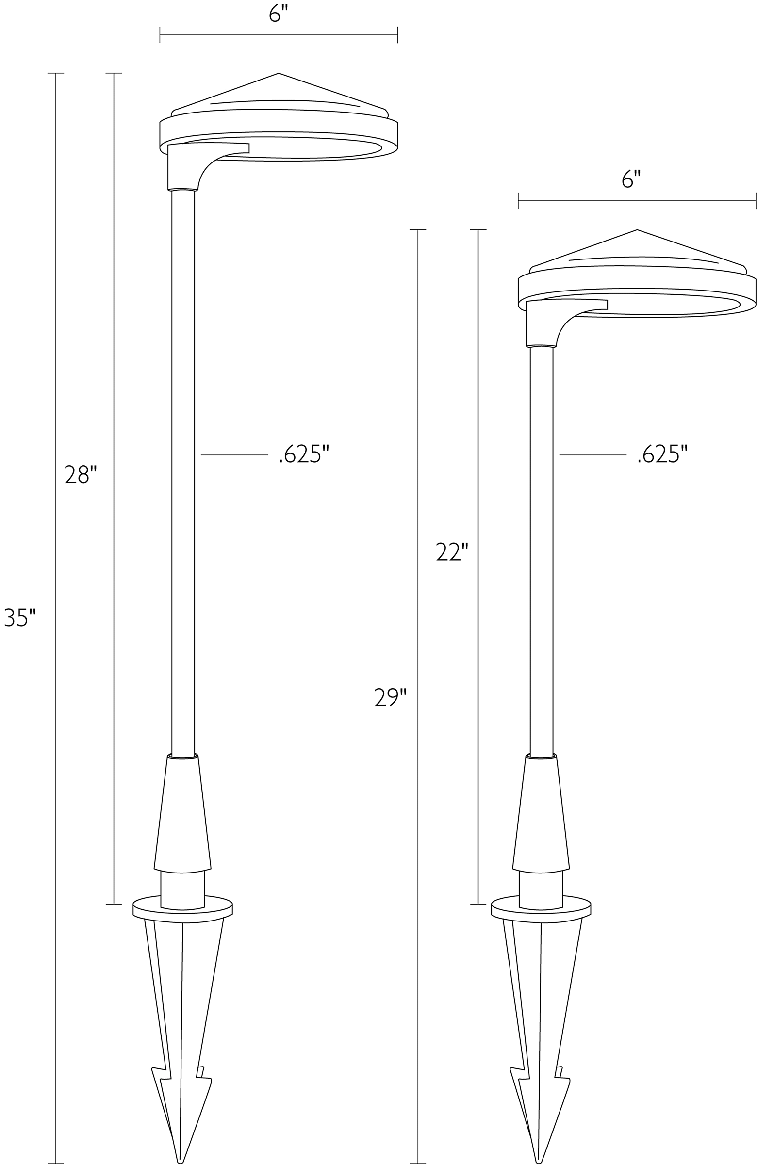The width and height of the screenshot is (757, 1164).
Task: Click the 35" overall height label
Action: click(x=20, y=617)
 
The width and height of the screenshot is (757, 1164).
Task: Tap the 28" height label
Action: click(x=81, y=474)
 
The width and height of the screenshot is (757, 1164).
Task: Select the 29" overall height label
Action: click(x=391, y=697)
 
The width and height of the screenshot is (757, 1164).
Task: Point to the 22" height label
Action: click(x=452, y=552)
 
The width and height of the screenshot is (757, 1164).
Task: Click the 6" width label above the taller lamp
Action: click(x=279, y=14)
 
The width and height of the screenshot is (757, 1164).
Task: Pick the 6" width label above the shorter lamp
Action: click(x=631, y=179)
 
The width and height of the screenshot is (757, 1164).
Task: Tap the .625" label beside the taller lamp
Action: click(x=304, y=454)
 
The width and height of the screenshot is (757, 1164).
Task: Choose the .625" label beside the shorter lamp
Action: click(x=662, y=454)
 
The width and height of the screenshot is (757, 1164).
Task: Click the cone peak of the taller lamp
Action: click(x=279, y=74)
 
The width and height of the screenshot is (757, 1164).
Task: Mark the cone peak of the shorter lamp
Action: click(x=637, y=230)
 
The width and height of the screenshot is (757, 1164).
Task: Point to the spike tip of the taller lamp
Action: click(x=181, y=1160)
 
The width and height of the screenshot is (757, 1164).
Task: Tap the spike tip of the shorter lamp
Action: click(x=539, y=1160)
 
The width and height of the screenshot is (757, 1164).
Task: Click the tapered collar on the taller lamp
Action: click(x=182, y=814)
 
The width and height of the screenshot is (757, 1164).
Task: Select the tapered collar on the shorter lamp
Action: click(x=541, y=814)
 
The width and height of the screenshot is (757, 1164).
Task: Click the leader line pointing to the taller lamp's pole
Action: click(x=234, y=455)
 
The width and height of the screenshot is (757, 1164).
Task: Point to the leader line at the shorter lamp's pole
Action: click(x=592, y=455)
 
